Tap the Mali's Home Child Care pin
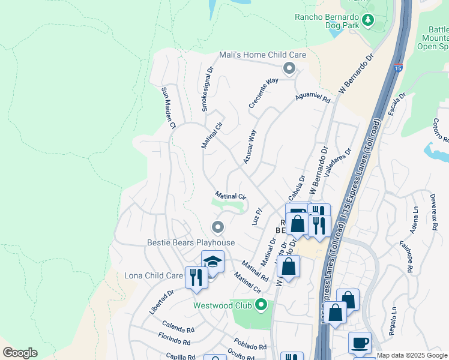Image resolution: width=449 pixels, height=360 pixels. pos(289,68)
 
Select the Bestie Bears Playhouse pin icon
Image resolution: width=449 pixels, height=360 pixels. pos(218,227)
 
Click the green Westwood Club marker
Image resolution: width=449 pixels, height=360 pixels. pos(261,305)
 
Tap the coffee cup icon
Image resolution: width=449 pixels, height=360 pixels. pos(360,343)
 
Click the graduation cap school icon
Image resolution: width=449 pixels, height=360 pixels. pos(212,262)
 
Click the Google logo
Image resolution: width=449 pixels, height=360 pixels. pos(20,353)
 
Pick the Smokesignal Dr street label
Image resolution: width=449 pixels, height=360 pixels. pos(207,89)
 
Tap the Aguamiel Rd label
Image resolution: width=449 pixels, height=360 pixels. pos(313,98)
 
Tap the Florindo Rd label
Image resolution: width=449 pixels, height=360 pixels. pos(175,339)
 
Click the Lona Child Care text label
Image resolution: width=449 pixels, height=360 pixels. pos(153,275)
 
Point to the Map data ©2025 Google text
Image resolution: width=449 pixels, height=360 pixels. pos(412,355)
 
